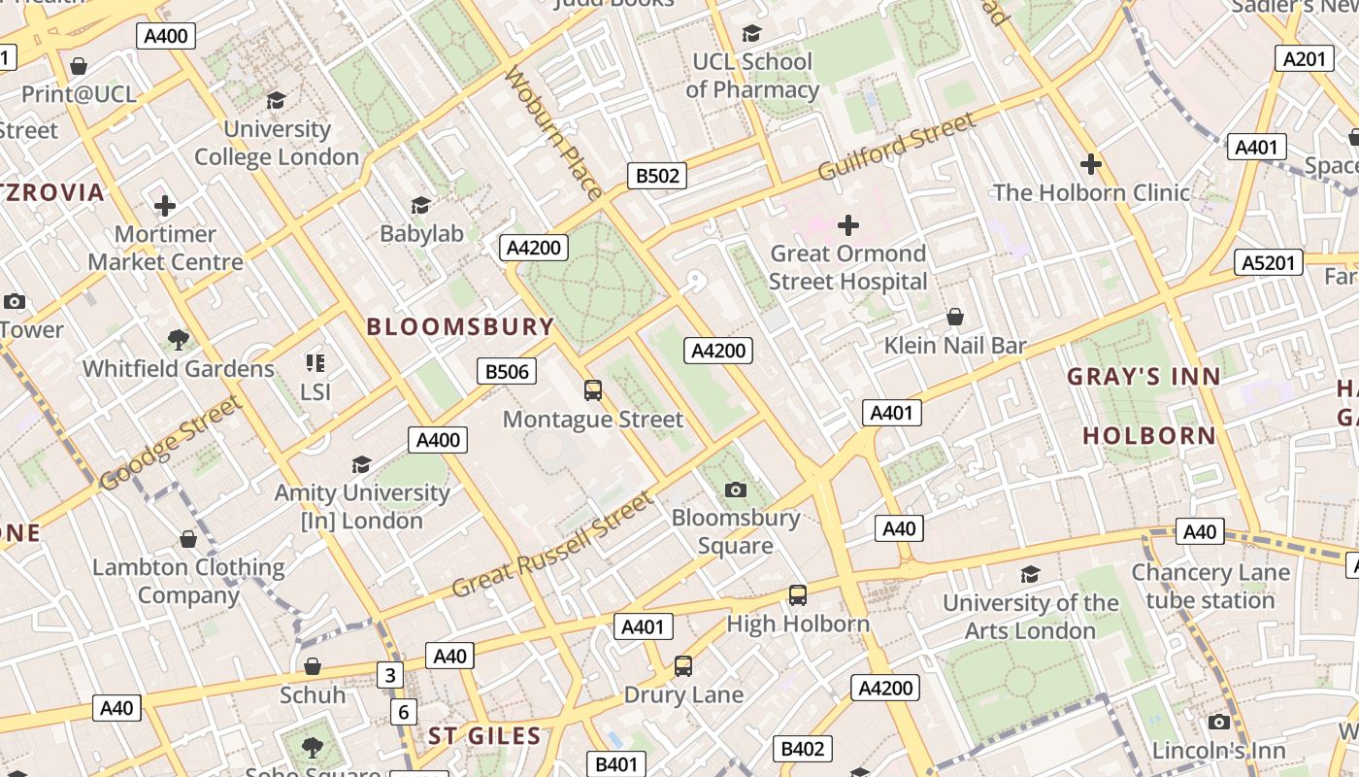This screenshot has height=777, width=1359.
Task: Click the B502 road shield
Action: tap(657, 176)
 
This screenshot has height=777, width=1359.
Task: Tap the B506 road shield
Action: tap(507, 371)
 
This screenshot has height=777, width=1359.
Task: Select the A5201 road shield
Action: tap(1268, 262)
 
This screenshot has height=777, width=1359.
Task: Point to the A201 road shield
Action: tap(1304, 59)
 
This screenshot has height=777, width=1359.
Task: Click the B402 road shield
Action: tap(802, 749)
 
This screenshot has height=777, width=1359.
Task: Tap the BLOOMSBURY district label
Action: tap(460, 326)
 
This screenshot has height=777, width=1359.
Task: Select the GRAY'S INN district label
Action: tap(1144, 377)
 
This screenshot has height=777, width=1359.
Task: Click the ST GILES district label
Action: tap(484, 735)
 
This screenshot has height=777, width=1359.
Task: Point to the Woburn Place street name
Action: tap(552, 132)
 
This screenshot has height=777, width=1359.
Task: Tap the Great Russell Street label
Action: tap(553, 546)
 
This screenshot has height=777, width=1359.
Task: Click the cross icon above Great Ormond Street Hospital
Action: tap(848, 225)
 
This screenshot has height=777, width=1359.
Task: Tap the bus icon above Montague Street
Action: tap(592, 390)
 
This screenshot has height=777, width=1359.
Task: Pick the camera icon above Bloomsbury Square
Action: tap(736, 490)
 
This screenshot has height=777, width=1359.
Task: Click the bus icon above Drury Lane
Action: tap(683, 666)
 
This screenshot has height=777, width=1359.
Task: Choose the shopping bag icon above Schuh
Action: tap(313, 666)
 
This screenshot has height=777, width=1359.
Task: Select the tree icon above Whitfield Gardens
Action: tap(178, 339)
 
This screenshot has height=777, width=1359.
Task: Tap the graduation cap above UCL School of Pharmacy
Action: tap(751, 34)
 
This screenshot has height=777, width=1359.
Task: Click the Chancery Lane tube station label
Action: tap(1210, 587)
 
